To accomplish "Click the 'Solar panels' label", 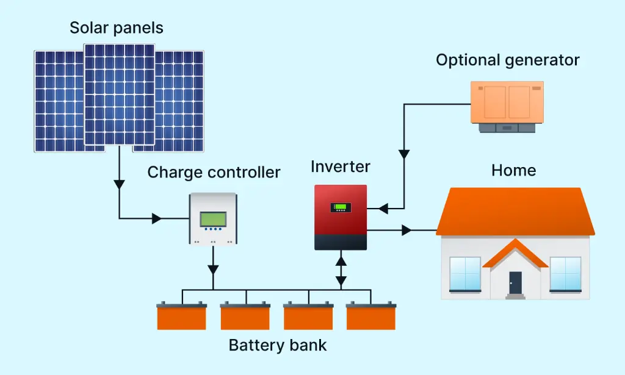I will click(116, 28).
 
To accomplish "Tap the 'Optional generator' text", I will click(507, 60).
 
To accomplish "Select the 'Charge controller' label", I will click(214, 172).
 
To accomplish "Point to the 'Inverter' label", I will click(340, 166).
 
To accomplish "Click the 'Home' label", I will click(513, 170).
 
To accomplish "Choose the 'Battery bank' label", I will click(278, 345).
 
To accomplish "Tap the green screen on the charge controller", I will click(213, 218).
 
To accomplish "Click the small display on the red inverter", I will click(340, 208).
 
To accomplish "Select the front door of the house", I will click(516, 282).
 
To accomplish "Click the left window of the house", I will click(465, 274).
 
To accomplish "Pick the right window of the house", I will click(565, 274).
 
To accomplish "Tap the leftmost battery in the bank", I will click(182, 316).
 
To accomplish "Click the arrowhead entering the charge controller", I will click(157, 218).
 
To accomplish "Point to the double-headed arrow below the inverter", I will click(341, 271).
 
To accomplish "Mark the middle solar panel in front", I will click(119, 95).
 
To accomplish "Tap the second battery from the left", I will click(245, 316).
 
